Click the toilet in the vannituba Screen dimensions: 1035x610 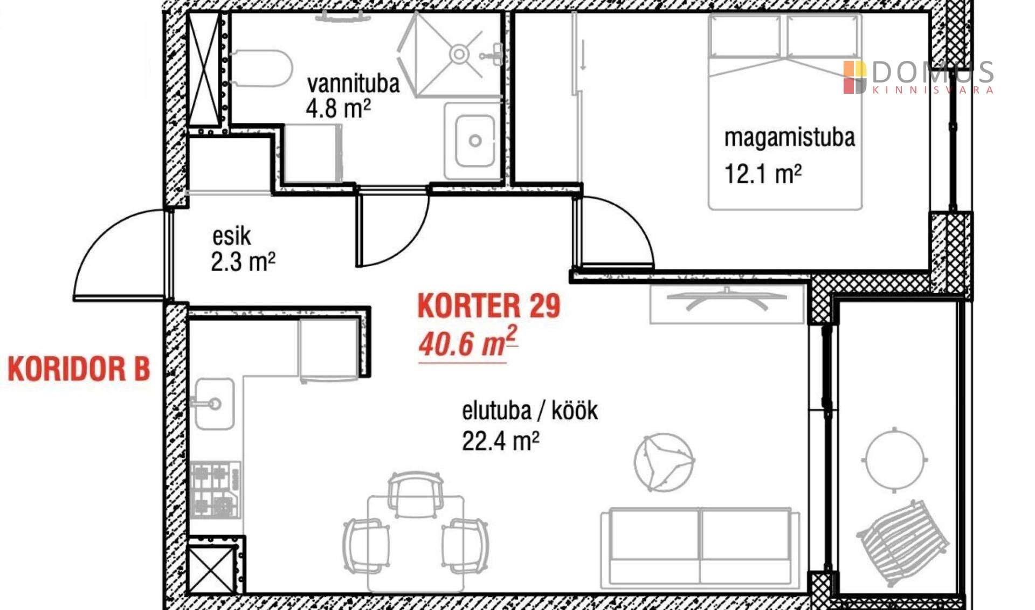coord(261,68)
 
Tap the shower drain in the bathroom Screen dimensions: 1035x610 coord(459,54)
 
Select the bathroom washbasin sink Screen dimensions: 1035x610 coord(474,141)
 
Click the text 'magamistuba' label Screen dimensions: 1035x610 coord(789,138)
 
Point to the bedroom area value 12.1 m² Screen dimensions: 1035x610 coord(763,174)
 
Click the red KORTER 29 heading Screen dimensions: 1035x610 coord(489,306)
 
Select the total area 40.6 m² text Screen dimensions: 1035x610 coord(468,342)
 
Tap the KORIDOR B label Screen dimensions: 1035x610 coord(79,369)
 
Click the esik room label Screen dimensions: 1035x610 coord(232,237)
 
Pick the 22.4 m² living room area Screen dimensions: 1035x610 coord(500,441)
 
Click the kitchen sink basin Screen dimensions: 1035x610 coord(214,404)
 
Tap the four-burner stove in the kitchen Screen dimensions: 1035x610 coord(215,490)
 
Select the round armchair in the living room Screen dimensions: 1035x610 coord(664,462)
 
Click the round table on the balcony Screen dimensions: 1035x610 coord(895,460)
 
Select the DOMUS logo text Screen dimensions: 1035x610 coord(933,72)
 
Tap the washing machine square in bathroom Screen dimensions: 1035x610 coord(313,154)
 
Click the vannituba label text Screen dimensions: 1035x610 coord(353,84)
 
